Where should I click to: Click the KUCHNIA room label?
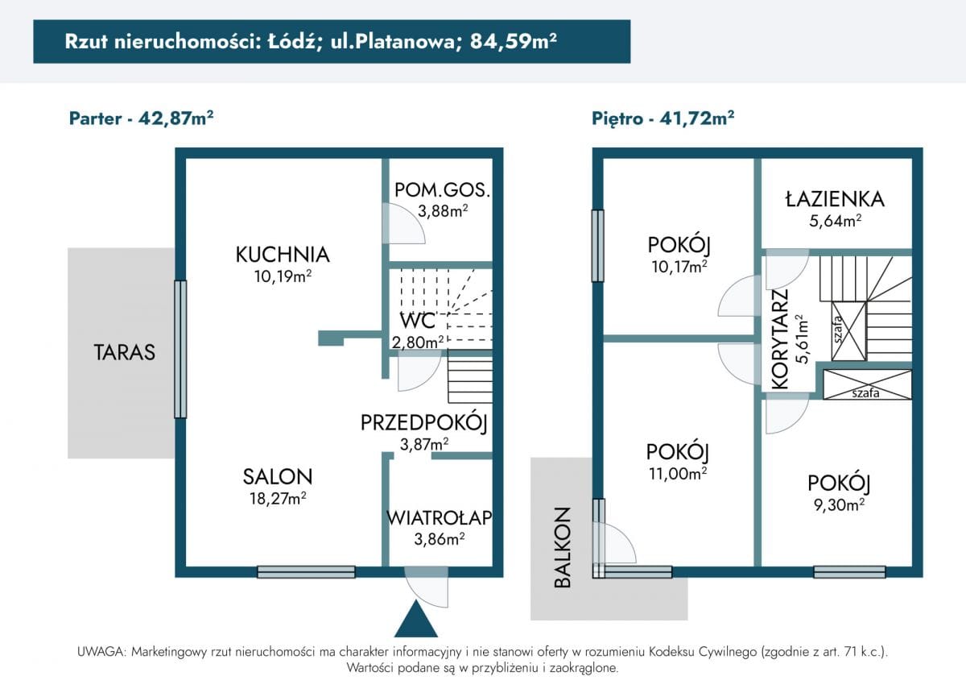coord(282,255)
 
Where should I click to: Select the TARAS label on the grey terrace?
coord(124,352)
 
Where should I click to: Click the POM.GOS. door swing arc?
coord(405,223)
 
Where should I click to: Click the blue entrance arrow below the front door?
coord(415,620)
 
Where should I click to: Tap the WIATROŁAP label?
coord(439,517)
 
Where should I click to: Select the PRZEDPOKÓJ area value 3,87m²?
coord(423,444)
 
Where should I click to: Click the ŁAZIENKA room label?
coord(835,199)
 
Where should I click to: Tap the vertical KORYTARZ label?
coord(779,339)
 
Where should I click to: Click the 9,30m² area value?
coord(839,505)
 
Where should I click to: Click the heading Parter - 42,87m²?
coord(141,118)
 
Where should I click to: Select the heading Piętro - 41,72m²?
coord(663,118)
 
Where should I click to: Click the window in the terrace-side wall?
coord(180,349)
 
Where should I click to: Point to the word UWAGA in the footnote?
coord(101,652)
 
